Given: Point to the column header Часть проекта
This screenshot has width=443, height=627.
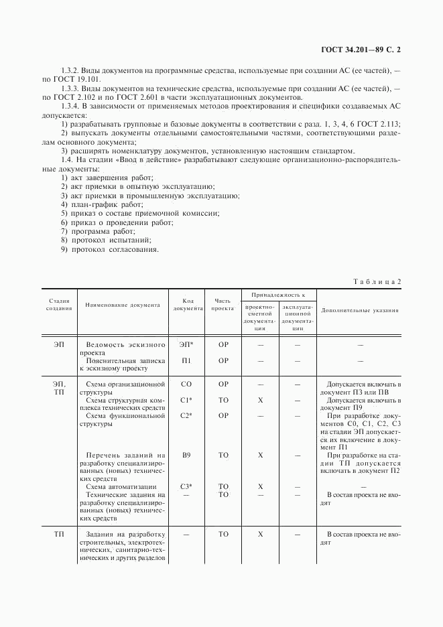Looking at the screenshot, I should (223, 305).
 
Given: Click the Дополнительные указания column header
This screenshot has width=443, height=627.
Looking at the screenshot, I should (360, 310).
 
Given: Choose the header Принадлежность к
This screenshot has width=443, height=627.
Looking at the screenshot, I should (278, 295).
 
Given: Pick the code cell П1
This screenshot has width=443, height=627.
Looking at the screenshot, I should (186, 360).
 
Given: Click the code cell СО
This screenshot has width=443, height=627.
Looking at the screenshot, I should (186, 384).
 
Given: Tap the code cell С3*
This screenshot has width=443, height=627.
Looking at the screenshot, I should (186, 486).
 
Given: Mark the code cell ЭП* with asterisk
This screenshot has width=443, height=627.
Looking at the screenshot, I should (186, 344).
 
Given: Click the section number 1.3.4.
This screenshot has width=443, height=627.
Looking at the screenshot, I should (71, 106).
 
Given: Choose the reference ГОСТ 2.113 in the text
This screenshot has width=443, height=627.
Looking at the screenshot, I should (377, 124).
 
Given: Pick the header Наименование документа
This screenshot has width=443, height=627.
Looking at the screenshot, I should (123, 305).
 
